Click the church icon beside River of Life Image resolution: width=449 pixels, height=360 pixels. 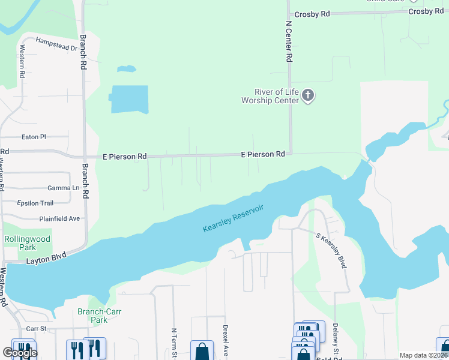(x=308, y=95)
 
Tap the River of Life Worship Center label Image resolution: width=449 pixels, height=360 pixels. (x=270, y=96)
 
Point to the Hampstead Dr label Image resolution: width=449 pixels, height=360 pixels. (x=57, y=44)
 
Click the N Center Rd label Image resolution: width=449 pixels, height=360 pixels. (x=289, y=42)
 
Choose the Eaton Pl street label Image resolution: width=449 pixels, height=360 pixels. (x=34, y=137)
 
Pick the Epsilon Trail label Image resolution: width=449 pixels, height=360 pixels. (x=35, y=203)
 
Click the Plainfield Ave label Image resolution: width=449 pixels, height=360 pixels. (x=59, y=218)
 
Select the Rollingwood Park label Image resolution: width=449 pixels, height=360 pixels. (x=28, y=243)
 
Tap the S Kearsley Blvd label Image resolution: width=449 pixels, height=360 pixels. (x=331, y=250)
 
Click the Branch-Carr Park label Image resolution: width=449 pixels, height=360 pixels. (x=92, y=316)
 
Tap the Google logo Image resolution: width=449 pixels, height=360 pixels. (x=19, y=353)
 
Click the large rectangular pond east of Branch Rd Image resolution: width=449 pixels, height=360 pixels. (x=129, y=99)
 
